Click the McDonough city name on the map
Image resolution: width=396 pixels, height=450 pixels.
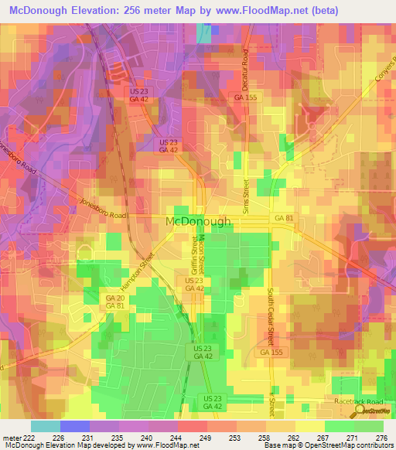[198, 221]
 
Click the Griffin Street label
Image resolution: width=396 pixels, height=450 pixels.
[193, 256]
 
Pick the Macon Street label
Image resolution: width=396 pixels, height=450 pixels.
[203, 254]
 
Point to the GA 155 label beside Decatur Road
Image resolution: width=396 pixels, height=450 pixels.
[244, 97]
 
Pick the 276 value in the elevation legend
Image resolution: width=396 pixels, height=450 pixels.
[381, 438]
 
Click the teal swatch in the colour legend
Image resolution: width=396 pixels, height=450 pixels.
[45, 426]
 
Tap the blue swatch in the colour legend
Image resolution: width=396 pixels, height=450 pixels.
[74, 426]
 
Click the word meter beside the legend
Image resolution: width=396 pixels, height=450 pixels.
[10, 438]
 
